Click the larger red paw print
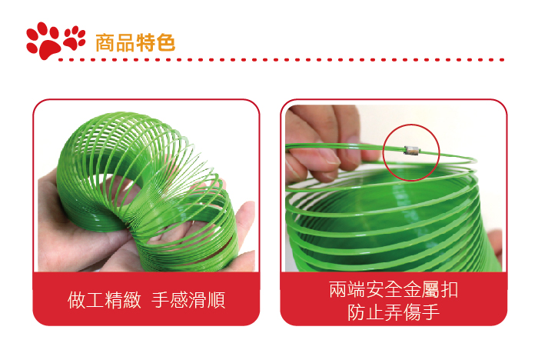44,42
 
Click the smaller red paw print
74,38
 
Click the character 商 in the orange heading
105,43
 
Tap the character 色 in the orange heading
165,43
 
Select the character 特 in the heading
145,43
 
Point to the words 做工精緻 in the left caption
105,300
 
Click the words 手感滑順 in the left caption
188,300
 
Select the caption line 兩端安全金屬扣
394,289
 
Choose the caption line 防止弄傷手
394,312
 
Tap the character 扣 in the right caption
449,289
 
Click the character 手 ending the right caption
431,312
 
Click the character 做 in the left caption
77,300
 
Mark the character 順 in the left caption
217,300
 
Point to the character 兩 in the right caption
338,289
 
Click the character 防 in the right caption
357,312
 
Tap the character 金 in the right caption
412,289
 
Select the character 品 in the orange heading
125,43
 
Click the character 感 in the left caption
179,300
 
